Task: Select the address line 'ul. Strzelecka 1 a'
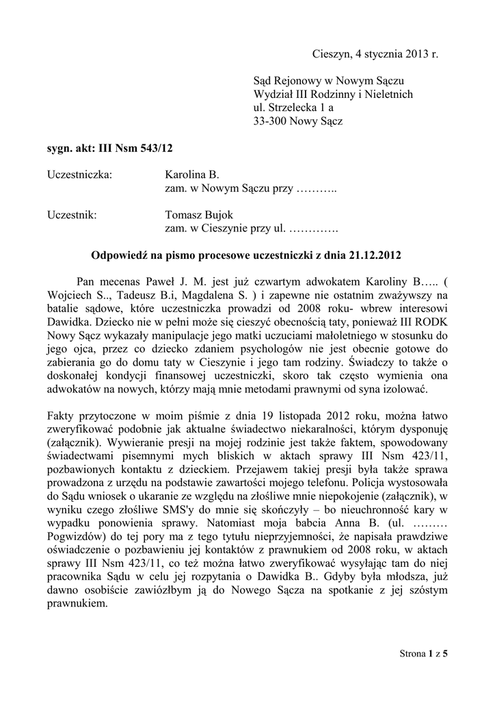293,108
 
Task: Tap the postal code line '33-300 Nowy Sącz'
298,122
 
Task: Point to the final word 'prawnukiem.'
77,604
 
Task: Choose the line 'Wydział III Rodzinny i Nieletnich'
333,94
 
